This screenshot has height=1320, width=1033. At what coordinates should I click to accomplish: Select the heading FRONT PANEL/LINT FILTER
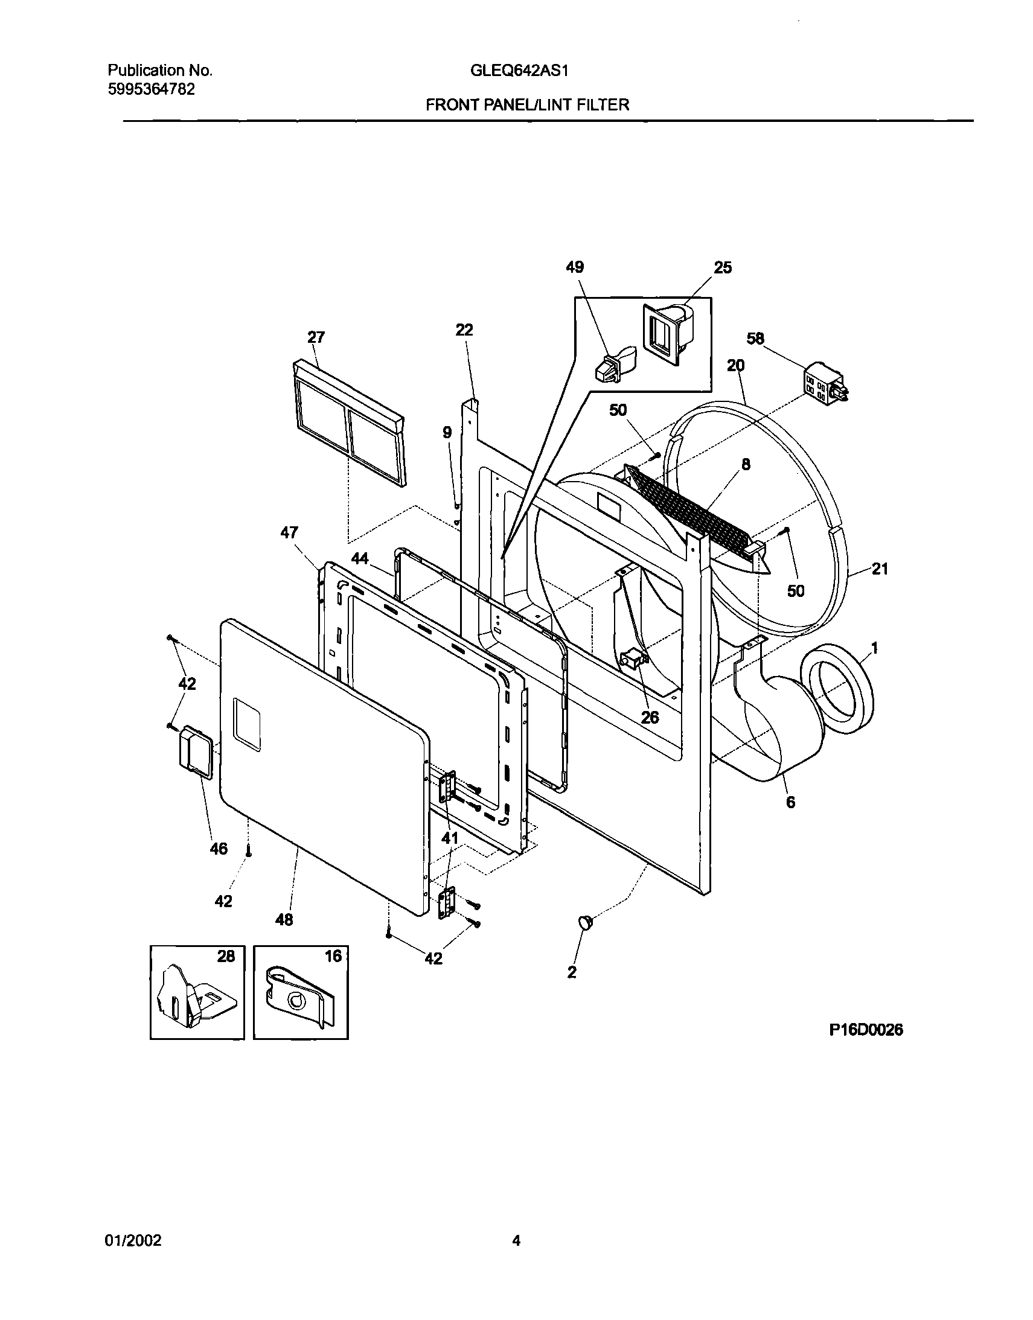tap(528, 105)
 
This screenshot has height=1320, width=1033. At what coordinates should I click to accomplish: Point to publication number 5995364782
tap(151, 89)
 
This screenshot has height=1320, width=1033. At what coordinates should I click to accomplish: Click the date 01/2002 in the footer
tap(134, 1241)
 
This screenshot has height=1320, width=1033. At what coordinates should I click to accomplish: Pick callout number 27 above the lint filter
tap(316, 337)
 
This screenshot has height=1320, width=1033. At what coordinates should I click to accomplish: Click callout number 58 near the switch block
tap(755, 339)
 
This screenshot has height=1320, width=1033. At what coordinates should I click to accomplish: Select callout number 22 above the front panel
tap(464, 330)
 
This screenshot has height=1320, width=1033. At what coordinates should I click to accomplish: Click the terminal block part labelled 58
tap(824, 383)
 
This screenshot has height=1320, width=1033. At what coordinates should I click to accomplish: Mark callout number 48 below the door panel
tap(284, 920)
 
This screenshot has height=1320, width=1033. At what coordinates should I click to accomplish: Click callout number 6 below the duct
tap(790, 802)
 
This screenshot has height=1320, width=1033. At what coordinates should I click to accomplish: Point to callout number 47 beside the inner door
tap(289, 533)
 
